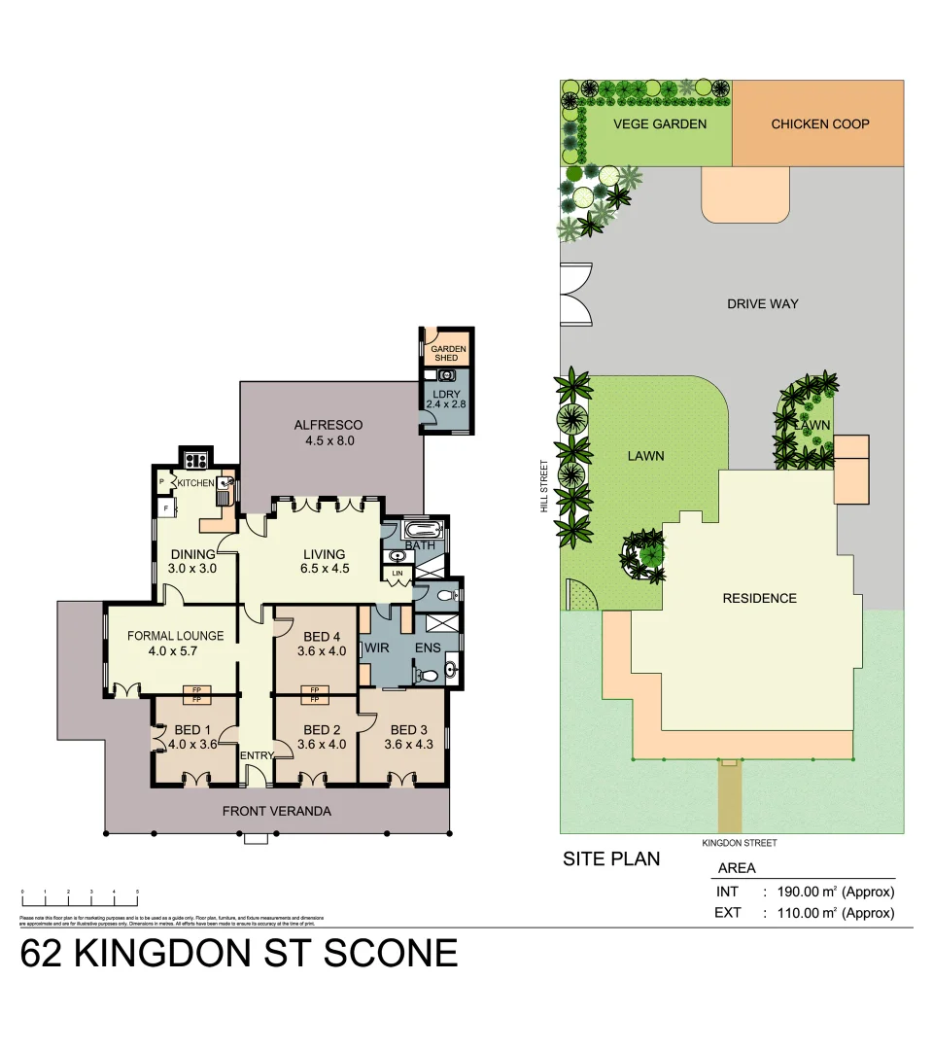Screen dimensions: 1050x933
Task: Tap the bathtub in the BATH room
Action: pyautogui.click(x=421, y=532)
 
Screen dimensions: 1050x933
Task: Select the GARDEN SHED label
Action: pyautogui.click(x=448, y=353)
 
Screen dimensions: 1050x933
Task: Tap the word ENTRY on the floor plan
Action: pyautogui.click(x=257, y=754)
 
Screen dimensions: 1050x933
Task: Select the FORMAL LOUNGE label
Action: pyautogui.click(x=175, y=643)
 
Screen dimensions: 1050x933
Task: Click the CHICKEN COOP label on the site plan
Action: pyautogui.click(x=819, y=123)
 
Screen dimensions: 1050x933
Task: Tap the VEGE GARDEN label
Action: pyautogui.click(x=659, y=123)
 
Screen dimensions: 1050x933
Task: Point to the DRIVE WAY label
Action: pyautogui.click(x=762, y=303)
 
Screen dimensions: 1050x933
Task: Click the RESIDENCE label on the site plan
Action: pyautogui.click(x=759, y=598)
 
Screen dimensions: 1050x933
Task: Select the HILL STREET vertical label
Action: pyautogui.click(x=546, y=486)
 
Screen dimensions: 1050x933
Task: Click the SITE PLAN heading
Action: pyautogui.click(x=611, y=858)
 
